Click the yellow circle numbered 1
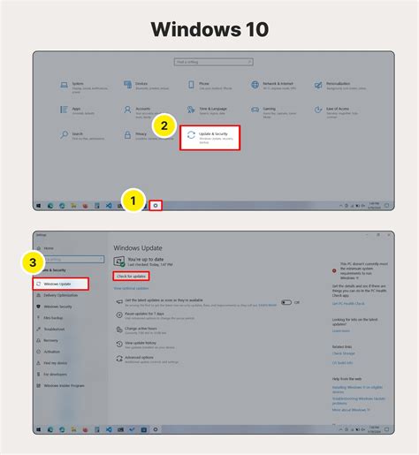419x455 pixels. pos(133,201)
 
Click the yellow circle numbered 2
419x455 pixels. pos(162,125)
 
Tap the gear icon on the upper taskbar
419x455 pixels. pos(156,205)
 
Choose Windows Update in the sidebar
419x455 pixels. pos(60,284)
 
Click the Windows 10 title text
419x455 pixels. pos(209,28)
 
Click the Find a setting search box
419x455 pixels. pos(210,62)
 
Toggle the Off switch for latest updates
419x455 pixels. pos(286,301)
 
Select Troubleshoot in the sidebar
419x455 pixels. pos(55,328)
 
